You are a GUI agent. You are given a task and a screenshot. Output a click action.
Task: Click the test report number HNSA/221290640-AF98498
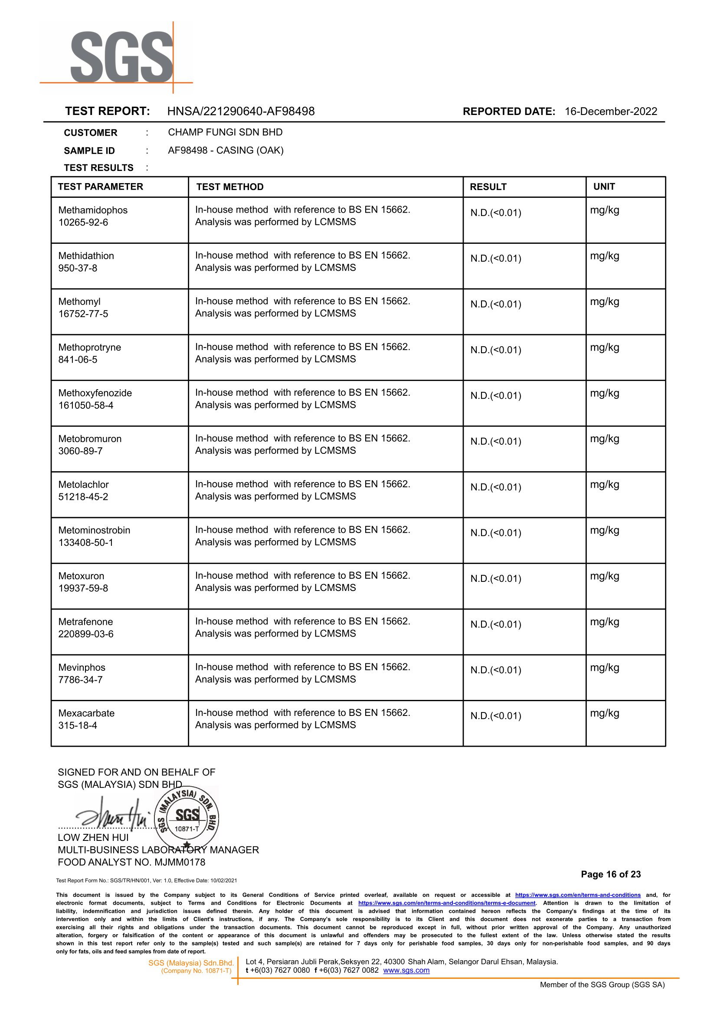coord(241,111)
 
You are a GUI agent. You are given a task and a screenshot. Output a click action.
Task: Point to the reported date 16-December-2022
coord(611,111)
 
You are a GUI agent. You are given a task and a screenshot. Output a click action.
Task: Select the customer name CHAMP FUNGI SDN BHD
coord(225,132)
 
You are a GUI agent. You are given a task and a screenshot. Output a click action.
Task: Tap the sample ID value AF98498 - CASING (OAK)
coord(226,150)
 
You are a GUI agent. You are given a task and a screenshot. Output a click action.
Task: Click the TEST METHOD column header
coord(229,187)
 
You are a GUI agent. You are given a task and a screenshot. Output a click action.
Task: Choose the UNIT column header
coord(604,187)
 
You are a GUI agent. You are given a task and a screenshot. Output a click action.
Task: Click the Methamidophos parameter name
coord(93,210)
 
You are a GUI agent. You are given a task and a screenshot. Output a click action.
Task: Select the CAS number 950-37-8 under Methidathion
coord(78,268)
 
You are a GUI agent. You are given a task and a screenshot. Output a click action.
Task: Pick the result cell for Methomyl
coord(496,304)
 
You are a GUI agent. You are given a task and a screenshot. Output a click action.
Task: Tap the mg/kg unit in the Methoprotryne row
coord(604,348)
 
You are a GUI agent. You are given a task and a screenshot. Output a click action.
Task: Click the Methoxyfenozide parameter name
coord(95,393)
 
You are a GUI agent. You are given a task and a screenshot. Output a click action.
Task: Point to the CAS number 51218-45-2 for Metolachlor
coord(83,497)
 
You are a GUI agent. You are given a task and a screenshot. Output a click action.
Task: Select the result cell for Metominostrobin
coord(496,533)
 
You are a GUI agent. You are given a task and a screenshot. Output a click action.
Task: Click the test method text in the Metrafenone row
coord(302,627)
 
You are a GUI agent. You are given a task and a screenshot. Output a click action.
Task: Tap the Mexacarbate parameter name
coord(86,713)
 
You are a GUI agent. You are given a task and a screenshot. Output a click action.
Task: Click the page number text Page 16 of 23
coord(611,874)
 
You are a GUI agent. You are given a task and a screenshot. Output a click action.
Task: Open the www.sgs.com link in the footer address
coord(406,970)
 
